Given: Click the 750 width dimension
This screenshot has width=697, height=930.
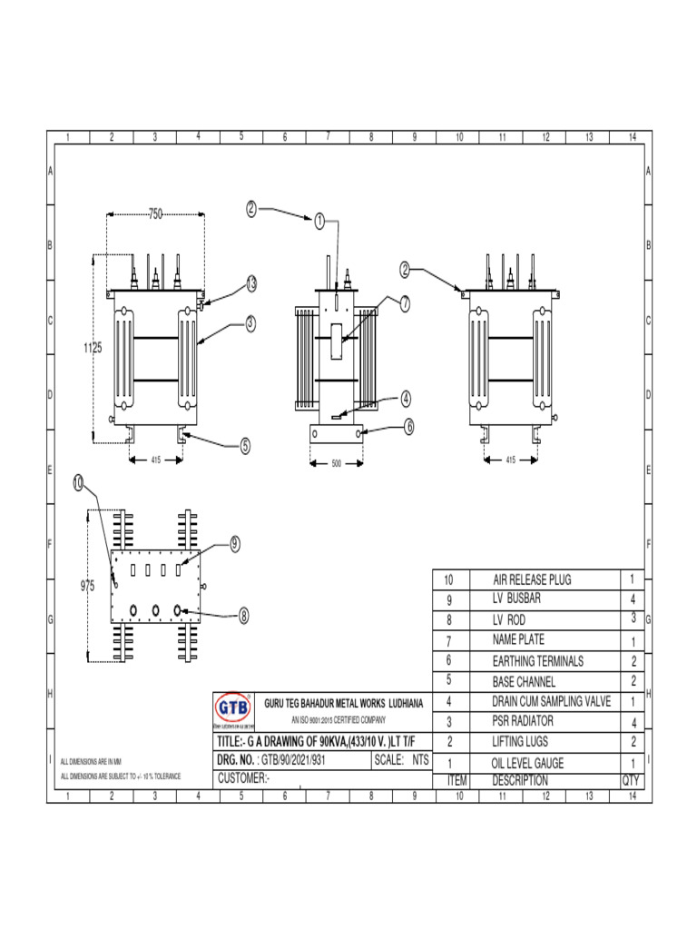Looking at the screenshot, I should (x=155, y=214).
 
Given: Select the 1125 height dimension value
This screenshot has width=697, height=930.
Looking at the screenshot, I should (x=90, y=348).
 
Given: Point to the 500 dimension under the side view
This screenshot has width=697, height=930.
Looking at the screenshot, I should (x=336, y=463).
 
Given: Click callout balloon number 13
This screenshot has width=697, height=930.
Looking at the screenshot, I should (x=250, y=284).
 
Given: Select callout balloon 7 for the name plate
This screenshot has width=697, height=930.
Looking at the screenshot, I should (x=405, y=303).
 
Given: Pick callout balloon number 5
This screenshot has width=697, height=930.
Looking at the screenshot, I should (x=245, y=446).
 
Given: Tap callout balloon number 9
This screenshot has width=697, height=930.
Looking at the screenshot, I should (x=234, y=544).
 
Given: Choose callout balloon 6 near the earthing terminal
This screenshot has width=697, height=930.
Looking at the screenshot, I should (x=409, y=424).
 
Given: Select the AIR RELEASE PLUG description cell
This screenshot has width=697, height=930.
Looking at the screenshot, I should (x=532, y=579).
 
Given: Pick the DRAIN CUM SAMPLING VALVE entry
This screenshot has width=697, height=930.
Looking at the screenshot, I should (x=550, y=702).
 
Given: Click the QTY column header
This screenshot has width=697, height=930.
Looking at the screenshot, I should (x=631, y=780).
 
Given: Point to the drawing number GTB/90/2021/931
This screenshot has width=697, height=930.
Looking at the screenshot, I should (x=291, y=759).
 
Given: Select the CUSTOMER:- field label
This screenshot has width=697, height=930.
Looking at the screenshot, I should (x=244, y=779).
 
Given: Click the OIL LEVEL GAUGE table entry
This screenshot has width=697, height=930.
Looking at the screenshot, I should (x=528, y=763).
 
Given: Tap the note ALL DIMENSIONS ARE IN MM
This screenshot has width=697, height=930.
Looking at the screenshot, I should (x=91, y=760).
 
